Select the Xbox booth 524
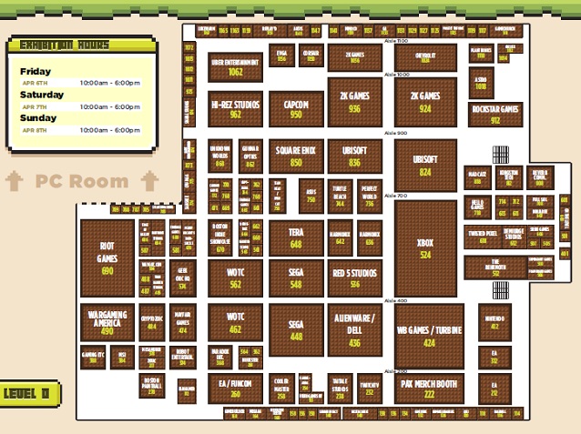click(425, 248)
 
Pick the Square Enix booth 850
click(296, 156)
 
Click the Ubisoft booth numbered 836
click(354, 156)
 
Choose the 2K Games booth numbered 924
click(425, 101)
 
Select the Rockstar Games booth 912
click(495, 114)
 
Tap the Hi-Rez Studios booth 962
click(235, 109)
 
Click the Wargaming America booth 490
click(107, 323)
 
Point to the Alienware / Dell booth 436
click(354, 327)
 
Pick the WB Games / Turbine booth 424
click(429, 335)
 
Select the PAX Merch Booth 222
click(429, 389)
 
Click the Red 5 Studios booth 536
click(354, 278)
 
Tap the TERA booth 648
click(296, 238)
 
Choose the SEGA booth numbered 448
click(296, 329)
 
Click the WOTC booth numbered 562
click(235, 278)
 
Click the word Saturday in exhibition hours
click(42, 95)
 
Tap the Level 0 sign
click(28, 394)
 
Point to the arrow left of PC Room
click(15, 181)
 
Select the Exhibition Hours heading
click(66, 45)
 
